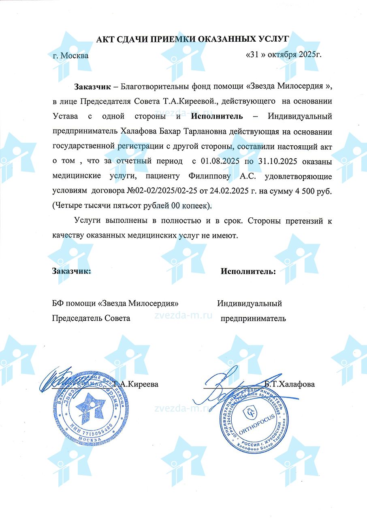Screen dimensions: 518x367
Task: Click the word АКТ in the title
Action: point(105,39)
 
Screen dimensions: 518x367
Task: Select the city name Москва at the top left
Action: point(74,56)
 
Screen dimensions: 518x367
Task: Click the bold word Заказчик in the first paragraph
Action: point(91,86)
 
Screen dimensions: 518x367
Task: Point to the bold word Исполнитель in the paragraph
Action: point(217,117)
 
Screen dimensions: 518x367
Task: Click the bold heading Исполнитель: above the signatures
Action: point(248,271)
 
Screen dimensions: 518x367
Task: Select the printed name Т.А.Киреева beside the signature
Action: point(136,384)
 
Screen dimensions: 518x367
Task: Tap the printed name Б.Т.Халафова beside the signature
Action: point(289,384)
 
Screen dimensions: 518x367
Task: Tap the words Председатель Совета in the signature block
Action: point(91,318)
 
